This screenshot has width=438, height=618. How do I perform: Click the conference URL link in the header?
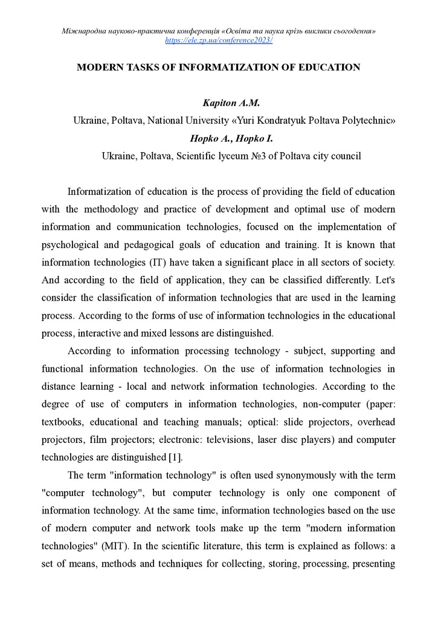point(219,40)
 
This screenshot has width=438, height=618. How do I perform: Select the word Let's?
point(383,279)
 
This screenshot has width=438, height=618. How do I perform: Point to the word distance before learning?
point(59,386)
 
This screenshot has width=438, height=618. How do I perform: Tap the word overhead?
point(375,421)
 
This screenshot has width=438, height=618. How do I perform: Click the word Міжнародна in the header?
point(83,31)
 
